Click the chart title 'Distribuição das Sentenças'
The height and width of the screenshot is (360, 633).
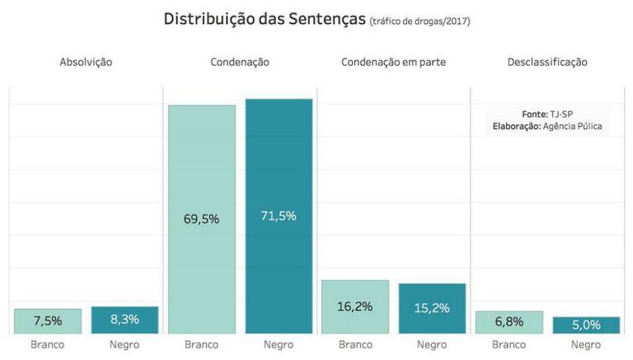pos(264,19)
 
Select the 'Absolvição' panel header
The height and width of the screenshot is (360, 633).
pos(86,62)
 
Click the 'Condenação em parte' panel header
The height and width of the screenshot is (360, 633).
pos(393,62)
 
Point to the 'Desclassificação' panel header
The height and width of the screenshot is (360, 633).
pos(547,62)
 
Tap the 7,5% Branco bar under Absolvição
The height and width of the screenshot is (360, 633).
pos(48,321)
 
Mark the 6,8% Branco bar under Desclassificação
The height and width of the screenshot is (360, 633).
pos(509,322)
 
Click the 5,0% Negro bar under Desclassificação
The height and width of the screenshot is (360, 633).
pos(586,325)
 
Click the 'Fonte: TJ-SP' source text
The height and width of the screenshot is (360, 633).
pos(547,114)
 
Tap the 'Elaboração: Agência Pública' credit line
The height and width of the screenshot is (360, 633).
pos(547,126)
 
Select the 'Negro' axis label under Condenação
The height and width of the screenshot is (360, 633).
pos(279,344)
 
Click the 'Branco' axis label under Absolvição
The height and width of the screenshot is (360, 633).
pos(48,344)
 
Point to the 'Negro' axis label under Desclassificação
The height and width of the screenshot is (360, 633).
pos(586,344)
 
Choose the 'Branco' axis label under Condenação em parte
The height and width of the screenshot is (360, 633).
pos(355,344)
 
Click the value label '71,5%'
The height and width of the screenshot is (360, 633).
pos(279,216)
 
